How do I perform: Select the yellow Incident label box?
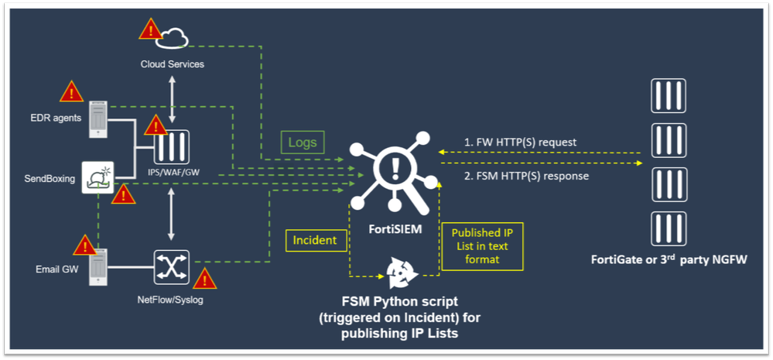pos(314,240)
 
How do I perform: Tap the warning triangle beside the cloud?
pos(149,30)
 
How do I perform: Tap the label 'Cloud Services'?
pos(173,64)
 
